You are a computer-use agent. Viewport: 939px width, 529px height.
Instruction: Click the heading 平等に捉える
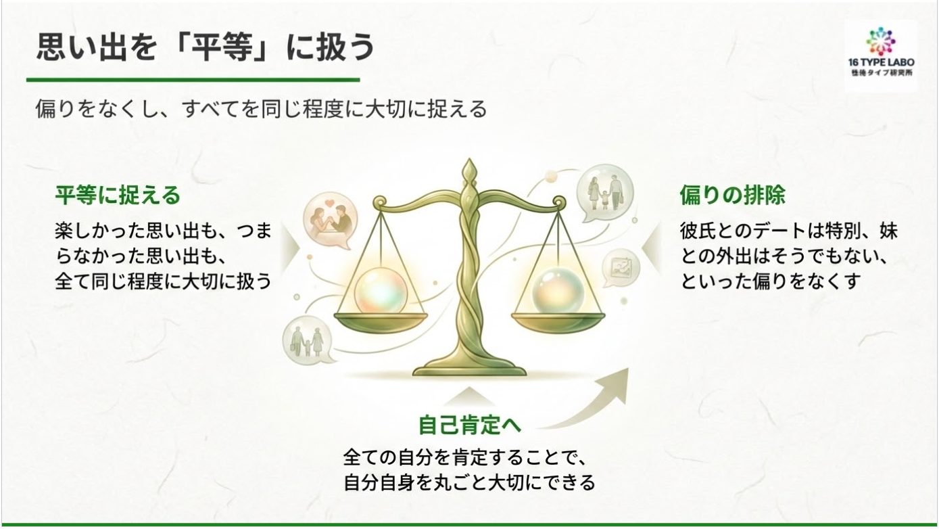point(118,195)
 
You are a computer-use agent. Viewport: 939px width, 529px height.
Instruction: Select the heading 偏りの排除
point(732,195)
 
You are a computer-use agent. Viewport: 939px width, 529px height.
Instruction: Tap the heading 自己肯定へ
point(470,425)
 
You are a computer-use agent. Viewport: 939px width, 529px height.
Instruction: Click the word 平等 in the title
point(222,46)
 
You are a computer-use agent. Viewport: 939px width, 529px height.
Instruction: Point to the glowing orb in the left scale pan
point(381,292)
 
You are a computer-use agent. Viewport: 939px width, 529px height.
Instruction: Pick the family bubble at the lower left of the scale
point(309,341)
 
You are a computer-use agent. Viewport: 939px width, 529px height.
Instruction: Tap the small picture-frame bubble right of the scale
point(621,267)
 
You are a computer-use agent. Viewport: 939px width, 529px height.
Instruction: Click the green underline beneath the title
point(193,80)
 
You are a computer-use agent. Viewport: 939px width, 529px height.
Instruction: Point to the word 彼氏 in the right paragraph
point(697,231)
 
